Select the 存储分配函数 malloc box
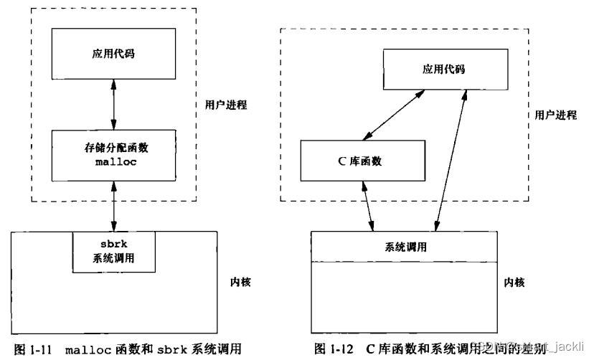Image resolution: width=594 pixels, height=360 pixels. click(113, 156)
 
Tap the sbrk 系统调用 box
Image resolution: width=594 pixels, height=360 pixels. click(114, 252)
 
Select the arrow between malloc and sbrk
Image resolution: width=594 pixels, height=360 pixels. click(113, 205)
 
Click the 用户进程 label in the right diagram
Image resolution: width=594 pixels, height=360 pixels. click(555, 115)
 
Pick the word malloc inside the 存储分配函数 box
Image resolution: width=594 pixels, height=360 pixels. click(113, 163)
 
